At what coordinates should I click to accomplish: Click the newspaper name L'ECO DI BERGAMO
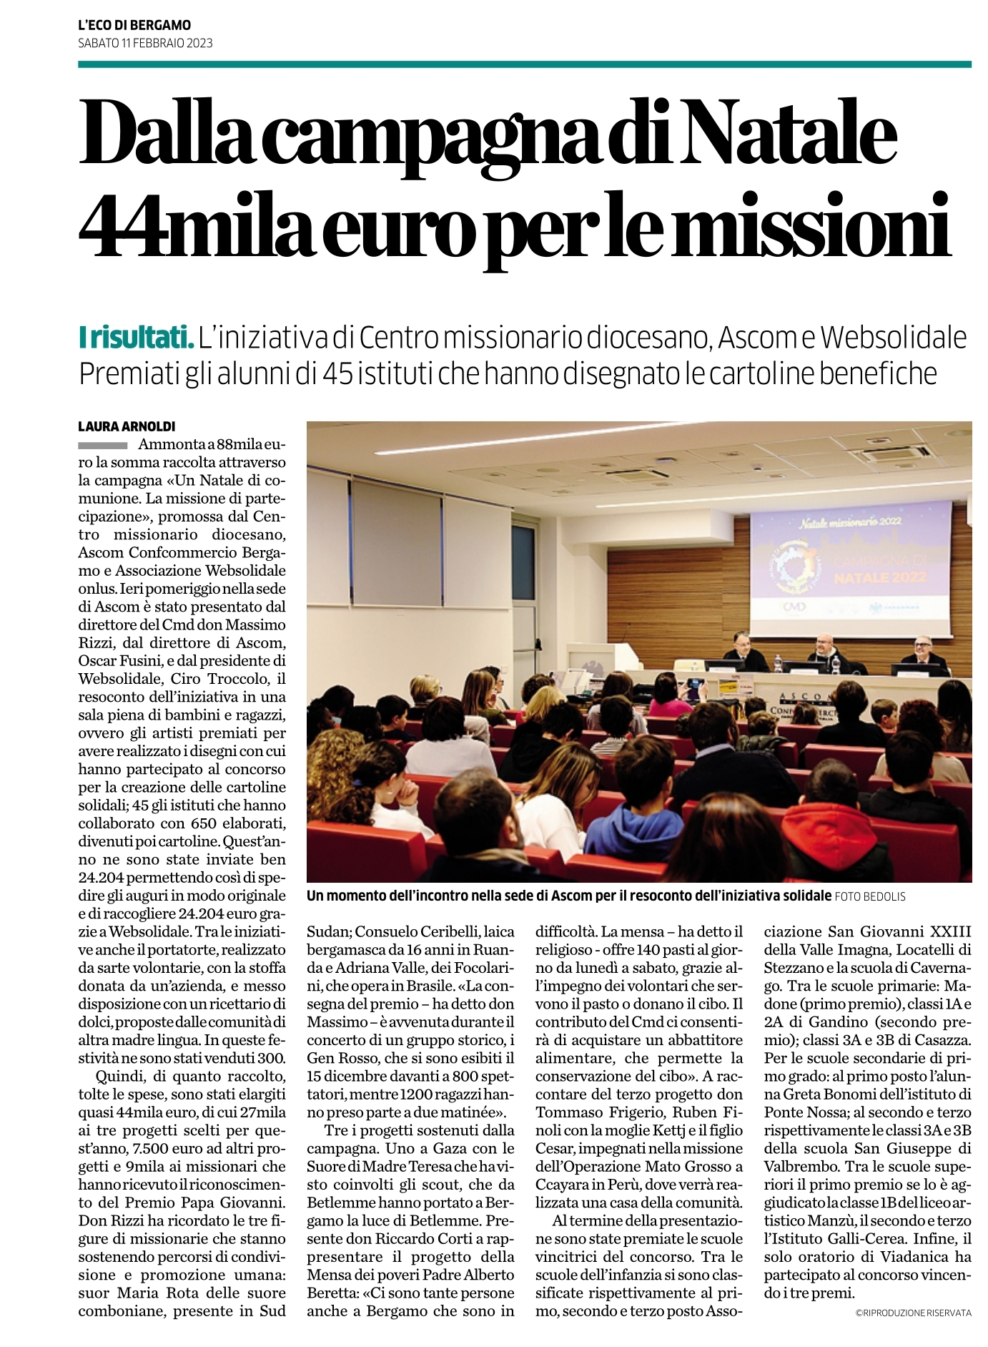click(x=134, y=26)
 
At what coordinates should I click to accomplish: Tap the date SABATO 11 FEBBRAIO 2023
click(x=145, y=43)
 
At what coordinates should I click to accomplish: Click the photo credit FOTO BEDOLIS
click(x=869, y=896)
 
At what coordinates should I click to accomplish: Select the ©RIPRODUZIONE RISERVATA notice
click(x=913, y=1313)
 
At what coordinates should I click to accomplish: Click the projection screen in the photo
click(x=851, y=559)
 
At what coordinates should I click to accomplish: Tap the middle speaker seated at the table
click(x=825, y=649)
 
